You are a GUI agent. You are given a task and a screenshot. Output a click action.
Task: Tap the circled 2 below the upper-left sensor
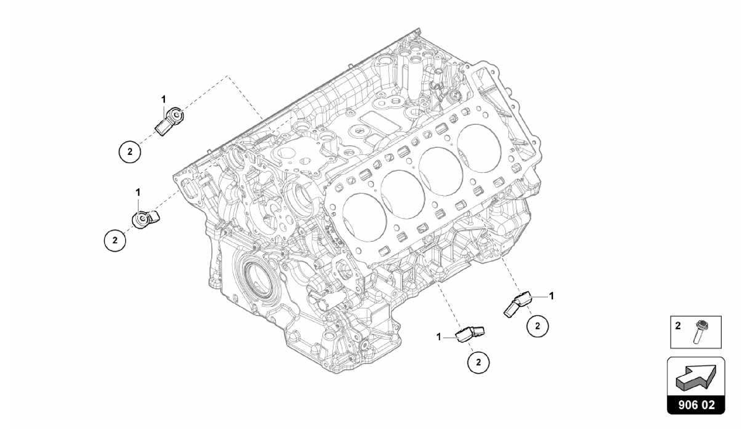(x=130, y=152)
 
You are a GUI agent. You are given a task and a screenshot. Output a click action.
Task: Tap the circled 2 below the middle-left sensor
(x=115, y=241)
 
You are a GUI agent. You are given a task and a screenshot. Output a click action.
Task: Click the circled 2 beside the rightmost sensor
(x=538, y=326)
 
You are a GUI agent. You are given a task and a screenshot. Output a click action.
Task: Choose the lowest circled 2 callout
(x=479, y=362)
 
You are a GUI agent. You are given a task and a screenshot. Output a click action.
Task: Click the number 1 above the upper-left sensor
(x=164, y=99)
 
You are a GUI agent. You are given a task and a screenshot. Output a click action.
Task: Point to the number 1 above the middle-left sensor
(x=138, y=192)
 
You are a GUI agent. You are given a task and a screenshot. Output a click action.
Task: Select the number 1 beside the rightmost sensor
(x=551, y=296)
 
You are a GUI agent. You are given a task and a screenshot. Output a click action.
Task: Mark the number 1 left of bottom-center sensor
(x=439, y=337)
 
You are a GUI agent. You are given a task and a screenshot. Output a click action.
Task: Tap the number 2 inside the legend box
(x=678, y=326)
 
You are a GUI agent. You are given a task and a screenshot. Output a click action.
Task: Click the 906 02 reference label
(x=696, y=405)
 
